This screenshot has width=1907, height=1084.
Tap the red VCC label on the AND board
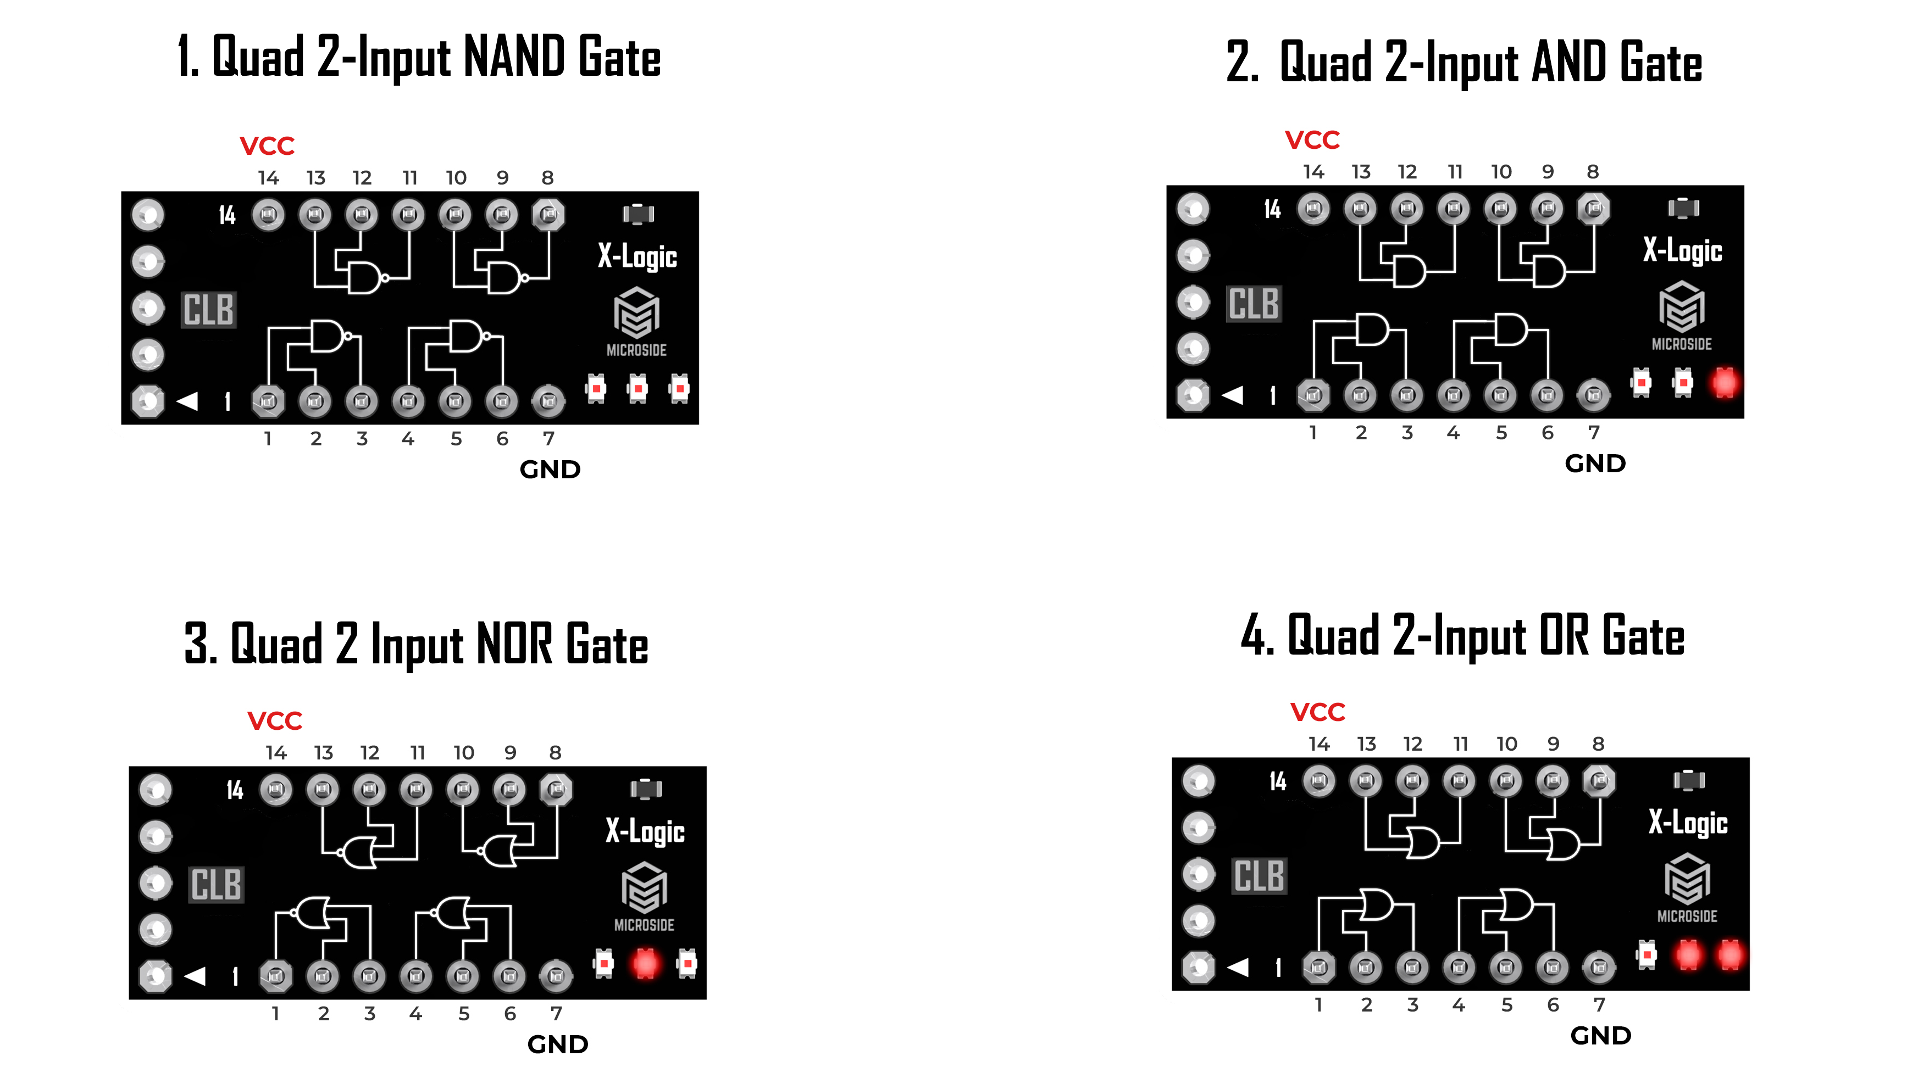1312,140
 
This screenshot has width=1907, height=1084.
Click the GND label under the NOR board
557,1044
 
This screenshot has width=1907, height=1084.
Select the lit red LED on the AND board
1724,383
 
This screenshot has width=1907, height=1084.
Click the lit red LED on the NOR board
645,963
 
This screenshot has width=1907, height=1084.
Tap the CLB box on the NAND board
209,310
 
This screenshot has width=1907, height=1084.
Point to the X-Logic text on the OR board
1687,823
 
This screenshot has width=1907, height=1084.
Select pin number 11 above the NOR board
417,753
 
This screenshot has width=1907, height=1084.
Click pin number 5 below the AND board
1501,433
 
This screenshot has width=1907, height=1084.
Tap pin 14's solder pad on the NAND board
268,215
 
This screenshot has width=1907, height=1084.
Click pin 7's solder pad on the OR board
1599,967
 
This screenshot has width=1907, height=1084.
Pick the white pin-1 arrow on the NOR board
195,975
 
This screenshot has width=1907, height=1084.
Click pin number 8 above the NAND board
547,178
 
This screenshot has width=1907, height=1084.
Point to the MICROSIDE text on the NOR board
644,925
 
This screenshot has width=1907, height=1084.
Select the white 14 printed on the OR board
1278,781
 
